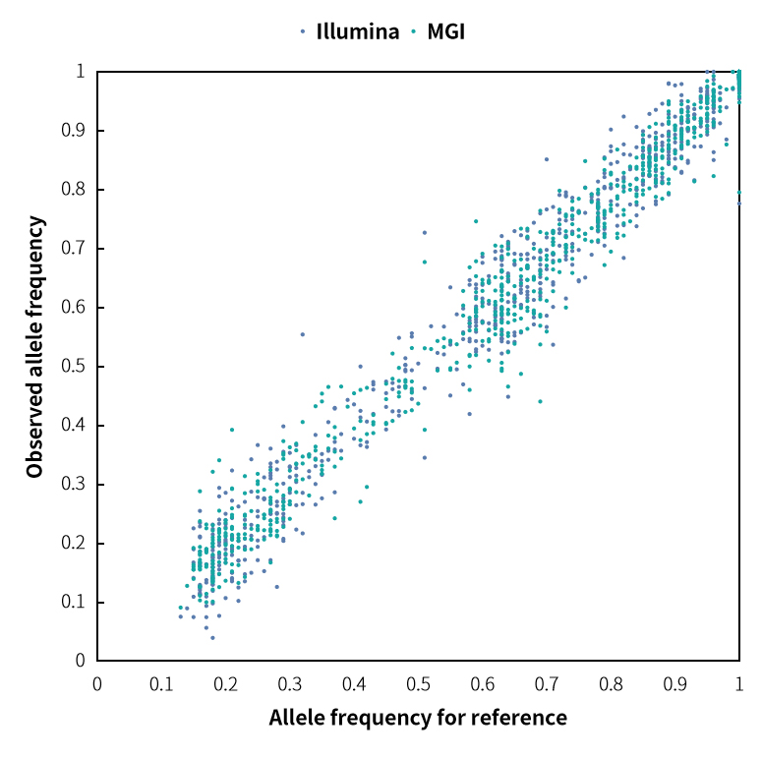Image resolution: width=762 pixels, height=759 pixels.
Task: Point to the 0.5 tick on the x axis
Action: click(x=419, y=682)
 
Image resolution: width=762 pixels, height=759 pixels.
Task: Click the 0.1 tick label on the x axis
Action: click(x=161, y=682)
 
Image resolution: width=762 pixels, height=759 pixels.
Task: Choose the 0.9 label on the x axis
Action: click(x=675, y=682)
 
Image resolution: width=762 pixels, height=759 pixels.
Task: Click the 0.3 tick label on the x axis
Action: click(x=290, y=682)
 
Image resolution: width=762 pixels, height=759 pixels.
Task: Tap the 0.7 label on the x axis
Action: click(x=547, y=682)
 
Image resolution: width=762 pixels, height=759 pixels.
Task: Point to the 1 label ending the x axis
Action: click(x=739, y=682)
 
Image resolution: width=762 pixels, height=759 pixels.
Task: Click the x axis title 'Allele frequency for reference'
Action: click(x=418, y=718)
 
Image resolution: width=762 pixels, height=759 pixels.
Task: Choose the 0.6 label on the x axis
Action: click(x=483, y=682)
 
